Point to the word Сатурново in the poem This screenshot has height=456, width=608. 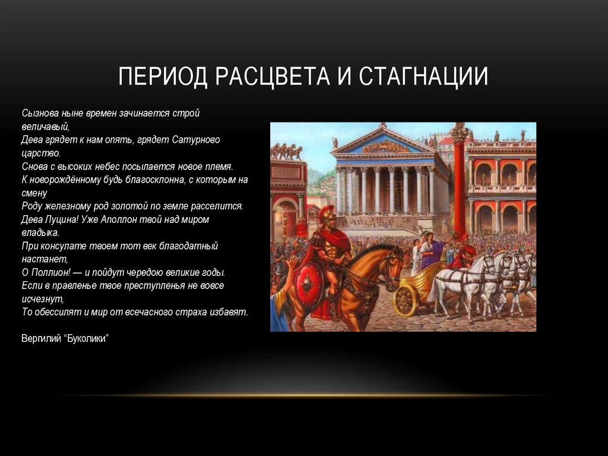pyautogui.click(x=197, y=140)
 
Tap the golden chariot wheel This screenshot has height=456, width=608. pyautogui.click(x=406, y=299)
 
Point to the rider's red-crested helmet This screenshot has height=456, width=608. pyautogui.click(x=328, y=214)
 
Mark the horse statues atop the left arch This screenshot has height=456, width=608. pyautogui.click(x=286, y=152)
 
